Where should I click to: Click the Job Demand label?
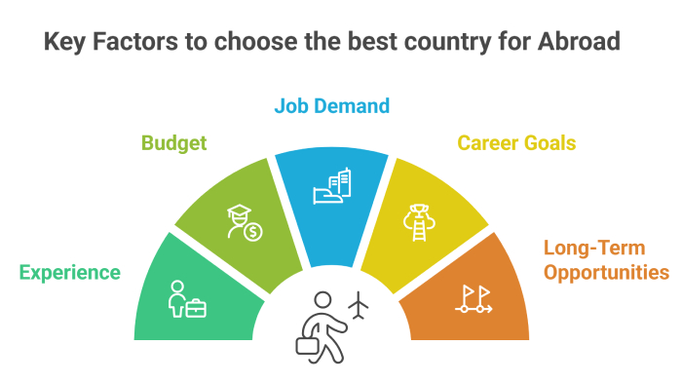click(331, 105)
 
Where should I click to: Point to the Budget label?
click(174, 143)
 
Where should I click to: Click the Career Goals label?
click(516, 143)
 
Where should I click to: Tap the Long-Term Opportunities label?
click(606, 261)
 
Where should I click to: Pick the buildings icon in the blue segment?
click(330, 188)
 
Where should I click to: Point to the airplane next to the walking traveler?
click(360, 305)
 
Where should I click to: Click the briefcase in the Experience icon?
click(196, 308)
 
